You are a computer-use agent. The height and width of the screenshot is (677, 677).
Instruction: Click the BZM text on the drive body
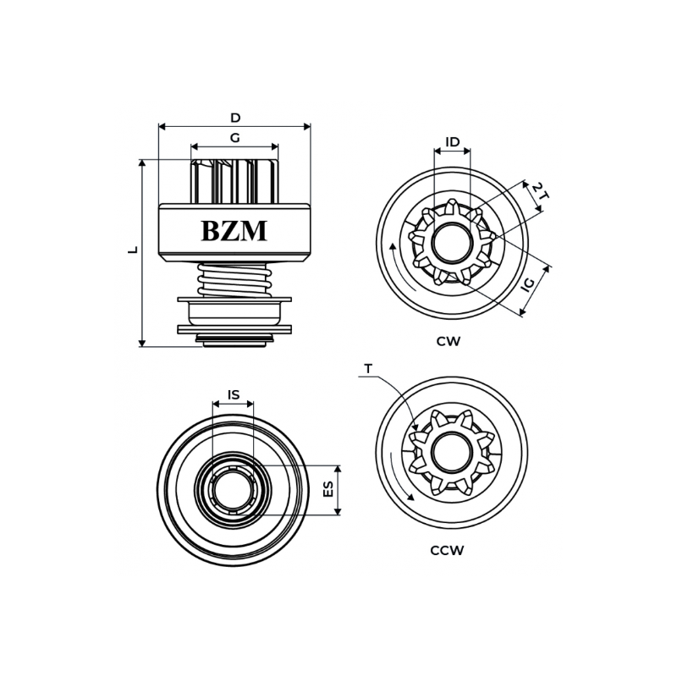tap(234, 231)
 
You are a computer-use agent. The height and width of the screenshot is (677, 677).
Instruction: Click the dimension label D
tap(235, 118)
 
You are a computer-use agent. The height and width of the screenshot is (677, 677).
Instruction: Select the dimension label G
tap(234, 138)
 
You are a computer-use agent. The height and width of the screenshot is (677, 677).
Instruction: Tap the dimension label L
tap(133, 250)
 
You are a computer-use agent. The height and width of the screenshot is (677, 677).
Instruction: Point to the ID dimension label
tap(453, 142)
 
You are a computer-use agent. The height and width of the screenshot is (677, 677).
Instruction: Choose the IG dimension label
tap(528, 284)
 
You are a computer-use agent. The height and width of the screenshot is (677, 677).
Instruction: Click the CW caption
tap(449, 342)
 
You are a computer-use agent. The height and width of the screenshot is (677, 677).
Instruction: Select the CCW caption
tap(447, 551)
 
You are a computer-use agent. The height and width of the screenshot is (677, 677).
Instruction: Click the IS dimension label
tap(233, 395)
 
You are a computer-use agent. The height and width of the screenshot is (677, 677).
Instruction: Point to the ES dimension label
tap(329, 490)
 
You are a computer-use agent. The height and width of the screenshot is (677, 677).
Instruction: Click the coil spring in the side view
tap(233, 279)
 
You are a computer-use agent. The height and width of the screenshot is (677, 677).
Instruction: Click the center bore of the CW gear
tap(452, 244)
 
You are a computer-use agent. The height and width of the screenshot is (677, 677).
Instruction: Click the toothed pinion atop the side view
tap(234, 181)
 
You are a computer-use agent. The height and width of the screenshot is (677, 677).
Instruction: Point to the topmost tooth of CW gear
tap(452, 205)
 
